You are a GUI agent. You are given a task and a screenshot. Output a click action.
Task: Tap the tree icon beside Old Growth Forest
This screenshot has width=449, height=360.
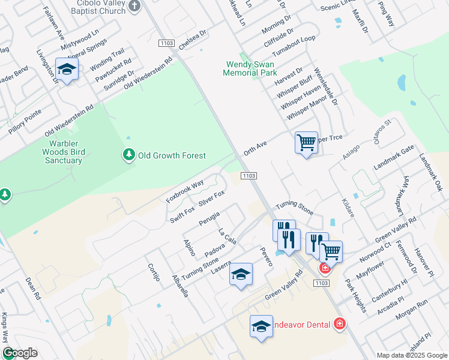pyautogui.click(x=128, y=155)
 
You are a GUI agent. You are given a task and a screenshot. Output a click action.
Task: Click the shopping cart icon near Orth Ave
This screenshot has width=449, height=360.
pyautogui.click(x=306, y=143)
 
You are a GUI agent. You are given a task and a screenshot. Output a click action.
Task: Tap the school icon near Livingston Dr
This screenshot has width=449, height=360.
pyautogui.click(x=67, y=70)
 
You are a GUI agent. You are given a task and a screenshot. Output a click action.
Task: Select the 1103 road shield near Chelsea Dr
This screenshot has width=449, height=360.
pyautogui.click(x=167, y=43)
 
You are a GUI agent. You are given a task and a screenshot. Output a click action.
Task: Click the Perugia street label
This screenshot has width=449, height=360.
pyautogui.click(x=209, y=219)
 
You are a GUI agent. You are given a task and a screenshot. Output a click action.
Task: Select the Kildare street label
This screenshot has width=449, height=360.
pyautogui.click(x=348, y=208)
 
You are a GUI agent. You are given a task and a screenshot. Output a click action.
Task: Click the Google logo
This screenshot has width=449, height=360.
pyautogui.click(x=20, y=353)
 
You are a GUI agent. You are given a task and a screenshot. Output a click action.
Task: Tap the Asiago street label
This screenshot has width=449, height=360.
pyautogui.click(x=354, y=151)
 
